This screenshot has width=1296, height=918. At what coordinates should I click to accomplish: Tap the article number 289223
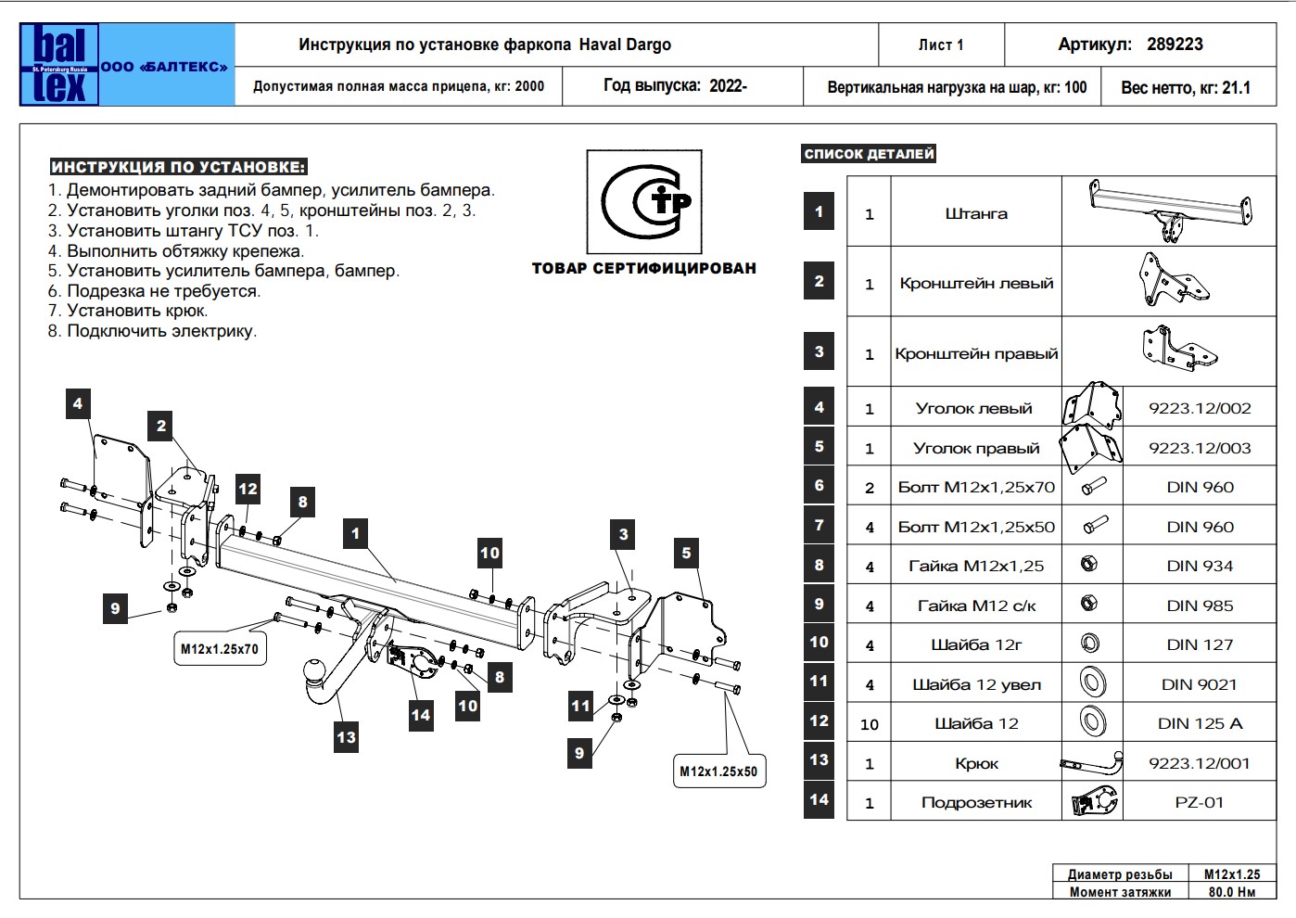(1175, 45)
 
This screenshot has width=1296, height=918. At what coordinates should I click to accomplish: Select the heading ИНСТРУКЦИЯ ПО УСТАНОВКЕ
(178, 168)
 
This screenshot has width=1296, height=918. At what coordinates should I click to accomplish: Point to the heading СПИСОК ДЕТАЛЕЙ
(869, 154)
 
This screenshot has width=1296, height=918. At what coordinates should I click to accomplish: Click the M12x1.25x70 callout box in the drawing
(220, 649)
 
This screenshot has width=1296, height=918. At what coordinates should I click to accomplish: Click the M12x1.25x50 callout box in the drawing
(718, 771)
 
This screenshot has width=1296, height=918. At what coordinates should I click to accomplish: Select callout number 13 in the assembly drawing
(346, 737)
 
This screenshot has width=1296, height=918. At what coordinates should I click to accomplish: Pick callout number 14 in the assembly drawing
(421, 715)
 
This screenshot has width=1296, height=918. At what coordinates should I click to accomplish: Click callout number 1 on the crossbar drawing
(355, 533)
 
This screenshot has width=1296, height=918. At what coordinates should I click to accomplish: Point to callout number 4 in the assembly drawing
(78, 403)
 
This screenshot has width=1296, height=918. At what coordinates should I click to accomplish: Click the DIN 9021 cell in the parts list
(1199, 684)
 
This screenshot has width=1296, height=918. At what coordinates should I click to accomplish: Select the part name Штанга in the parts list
(976, 214)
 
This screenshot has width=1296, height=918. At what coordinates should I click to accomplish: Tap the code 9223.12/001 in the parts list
(1199, 763)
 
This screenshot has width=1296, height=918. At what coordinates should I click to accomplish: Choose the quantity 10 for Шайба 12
(869, 724)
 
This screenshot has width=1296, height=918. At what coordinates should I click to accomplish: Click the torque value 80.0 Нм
(1232, 892)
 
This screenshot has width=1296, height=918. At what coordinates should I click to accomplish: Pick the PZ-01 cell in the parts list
(1199, 803)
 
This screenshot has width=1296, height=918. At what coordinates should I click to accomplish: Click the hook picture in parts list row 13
(1092, 764)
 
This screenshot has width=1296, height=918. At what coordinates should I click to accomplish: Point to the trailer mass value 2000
(529, 87)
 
